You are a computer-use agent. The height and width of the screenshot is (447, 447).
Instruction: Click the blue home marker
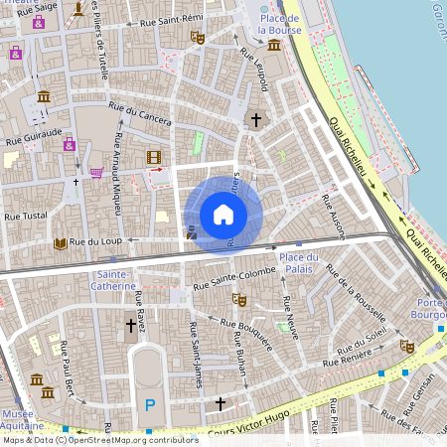click(x=223, y=215)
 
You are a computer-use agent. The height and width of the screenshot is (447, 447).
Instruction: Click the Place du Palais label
click(x=299, y=262)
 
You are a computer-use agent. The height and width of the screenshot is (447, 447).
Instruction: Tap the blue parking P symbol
click(x=150, y=404)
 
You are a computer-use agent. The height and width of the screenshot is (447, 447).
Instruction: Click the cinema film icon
click(x=153, y=157)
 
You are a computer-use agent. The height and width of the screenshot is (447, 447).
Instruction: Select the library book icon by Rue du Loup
click(x=60, y=242)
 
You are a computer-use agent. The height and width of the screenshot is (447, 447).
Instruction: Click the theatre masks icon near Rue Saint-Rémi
click(x=197, y=37)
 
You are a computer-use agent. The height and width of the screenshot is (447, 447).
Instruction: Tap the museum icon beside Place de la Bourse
click(x=274, y=44)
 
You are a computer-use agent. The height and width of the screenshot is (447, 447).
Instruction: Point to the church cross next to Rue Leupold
click(x=255, y=120)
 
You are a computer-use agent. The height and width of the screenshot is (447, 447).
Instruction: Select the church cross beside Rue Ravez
click(x=130, y=325)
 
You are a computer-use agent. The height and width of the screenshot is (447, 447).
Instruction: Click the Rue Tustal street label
click(x=25, y=215)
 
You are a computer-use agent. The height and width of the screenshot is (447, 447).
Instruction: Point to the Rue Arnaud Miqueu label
click(x=117, y=174)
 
